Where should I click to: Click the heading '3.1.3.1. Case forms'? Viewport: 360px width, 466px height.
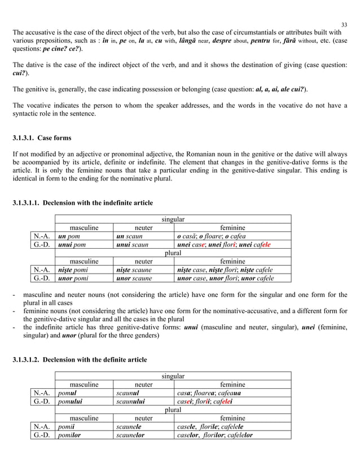[42, 138]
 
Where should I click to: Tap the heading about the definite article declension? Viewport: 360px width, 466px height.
[80, 359]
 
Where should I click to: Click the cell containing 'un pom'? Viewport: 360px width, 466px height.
[84, 236]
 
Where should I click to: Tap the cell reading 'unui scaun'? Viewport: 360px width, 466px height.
[143, 245]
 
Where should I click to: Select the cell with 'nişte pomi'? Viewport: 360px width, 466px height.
[84, 270]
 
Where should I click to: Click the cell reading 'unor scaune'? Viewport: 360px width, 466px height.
[143, 278]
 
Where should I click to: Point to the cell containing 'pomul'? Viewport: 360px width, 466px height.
[84, 393]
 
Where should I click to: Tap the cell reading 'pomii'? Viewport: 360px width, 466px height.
[84, 427]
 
